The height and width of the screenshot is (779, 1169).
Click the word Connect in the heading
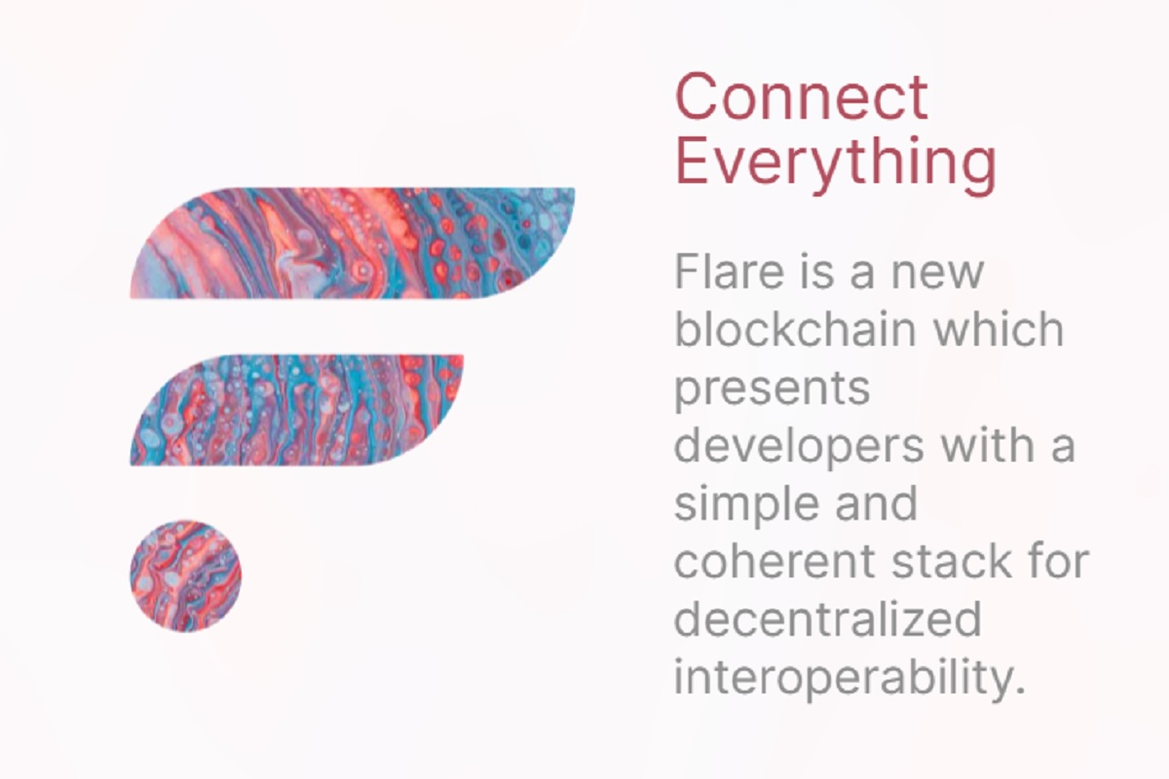(x=801, y=96)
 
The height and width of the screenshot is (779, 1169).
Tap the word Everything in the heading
(x=835, y=162)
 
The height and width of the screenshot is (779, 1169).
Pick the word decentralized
(x=827, y=620)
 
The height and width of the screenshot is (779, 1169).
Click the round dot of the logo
(x=185, y=575)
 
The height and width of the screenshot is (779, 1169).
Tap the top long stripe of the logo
(x=351, y=242)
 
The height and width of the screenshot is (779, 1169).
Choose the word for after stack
(x=1060, y=563)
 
